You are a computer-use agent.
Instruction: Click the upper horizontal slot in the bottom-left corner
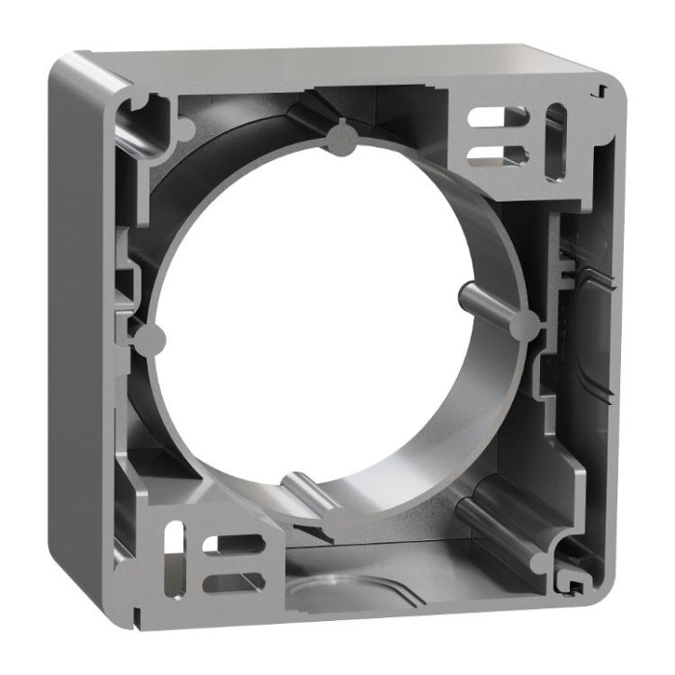click(x=232, y=546)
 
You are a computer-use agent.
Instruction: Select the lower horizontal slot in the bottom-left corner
click(x=231, y=579)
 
